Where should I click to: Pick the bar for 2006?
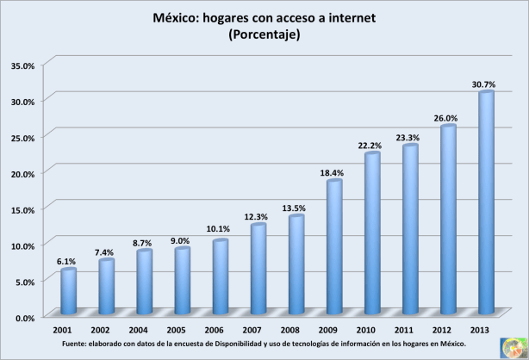pos(221,276)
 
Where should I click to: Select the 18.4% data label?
pos(333,172)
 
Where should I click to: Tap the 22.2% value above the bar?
pos(371,146)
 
